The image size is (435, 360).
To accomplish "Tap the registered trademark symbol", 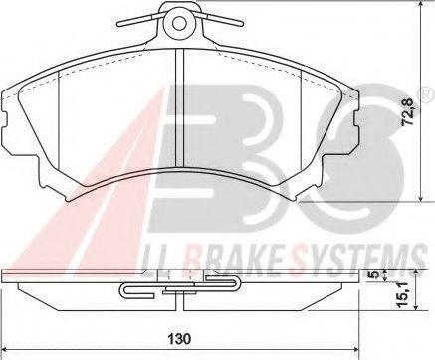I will tap(425, 94).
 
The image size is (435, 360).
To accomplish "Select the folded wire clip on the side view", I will tap(179, 289).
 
